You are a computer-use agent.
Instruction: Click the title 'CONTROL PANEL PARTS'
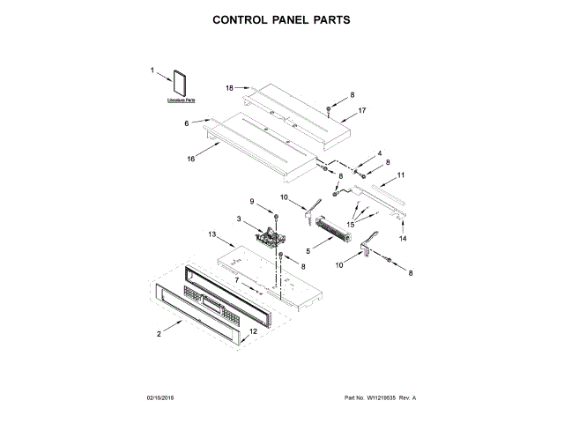click(282, 19)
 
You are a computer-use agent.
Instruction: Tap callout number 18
click(229, 88)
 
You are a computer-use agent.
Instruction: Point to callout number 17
click(361, 111)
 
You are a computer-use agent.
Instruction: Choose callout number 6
click(187, 123)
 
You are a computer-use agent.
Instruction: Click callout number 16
click(190, 159)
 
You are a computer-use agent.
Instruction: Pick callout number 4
click(380, 153)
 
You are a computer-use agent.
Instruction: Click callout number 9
click(254, 203)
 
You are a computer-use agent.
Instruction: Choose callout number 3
click(238, 218)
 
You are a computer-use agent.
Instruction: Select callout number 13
click(212, 234)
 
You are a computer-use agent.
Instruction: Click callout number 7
click(236, 279)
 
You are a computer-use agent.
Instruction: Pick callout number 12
click(253, 332)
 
